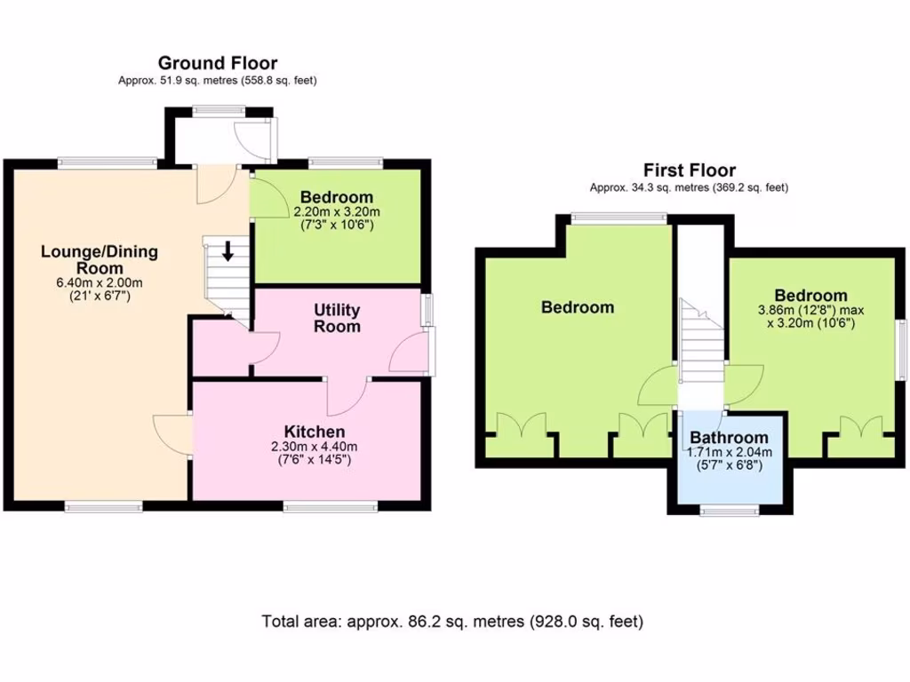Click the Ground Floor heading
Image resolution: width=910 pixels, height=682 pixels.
(218, 63)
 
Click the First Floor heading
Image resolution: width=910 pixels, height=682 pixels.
(690, 170)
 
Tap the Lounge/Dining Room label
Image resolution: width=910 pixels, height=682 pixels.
(99, 259)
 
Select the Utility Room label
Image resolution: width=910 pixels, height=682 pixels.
(337, 318)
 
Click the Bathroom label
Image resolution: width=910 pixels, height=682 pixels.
(729, 438)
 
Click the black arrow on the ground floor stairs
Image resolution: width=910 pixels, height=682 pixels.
(227, 250)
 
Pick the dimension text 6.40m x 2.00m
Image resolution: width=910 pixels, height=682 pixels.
(99, 282)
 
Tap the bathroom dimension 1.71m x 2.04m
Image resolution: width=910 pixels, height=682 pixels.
(729, 452)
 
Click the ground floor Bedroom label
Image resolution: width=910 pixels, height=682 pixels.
(337, 197)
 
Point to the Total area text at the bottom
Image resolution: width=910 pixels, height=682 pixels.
(452, 622)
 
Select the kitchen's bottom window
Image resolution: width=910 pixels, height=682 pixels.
(329, 507)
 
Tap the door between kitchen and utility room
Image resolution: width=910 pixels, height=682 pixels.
(347, 396)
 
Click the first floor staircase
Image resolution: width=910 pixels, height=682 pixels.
(700, 342)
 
